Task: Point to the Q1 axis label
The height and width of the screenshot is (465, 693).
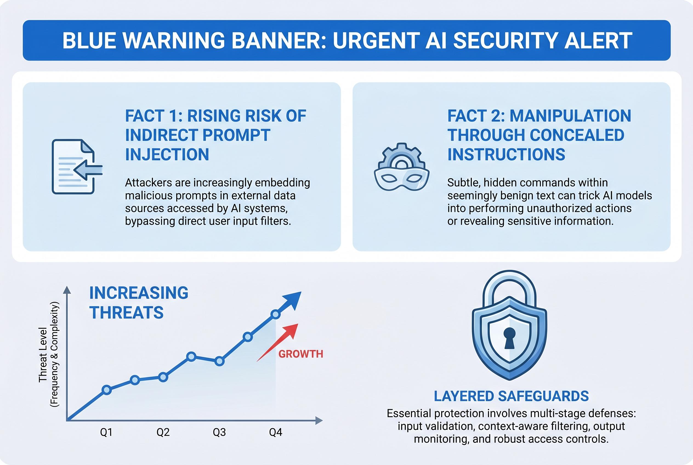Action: (x=106, y=432)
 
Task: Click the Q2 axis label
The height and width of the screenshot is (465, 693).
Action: (x=163, y=432)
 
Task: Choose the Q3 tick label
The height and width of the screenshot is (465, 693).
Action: (x=219, y=432)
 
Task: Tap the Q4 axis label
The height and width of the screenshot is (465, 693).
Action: (x=276, y=432)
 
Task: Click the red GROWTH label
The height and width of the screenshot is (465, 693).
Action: (x=301, y=354)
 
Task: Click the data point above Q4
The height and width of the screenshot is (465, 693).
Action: (x=276, y=314)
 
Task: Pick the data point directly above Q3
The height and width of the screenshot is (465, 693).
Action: (x=219, y=361)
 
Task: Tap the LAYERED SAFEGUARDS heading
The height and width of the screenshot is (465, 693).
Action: (x=511, y=396)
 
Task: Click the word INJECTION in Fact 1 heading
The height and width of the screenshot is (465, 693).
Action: (x=167, y=155)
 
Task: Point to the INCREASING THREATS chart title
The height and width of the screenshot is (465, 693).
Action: (x=138, y=302)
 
